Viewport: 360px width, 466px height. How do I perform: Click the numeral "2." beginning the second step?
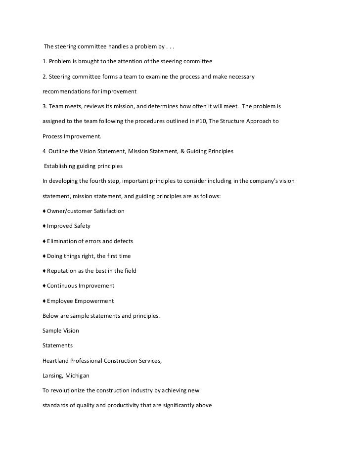coord(45,77)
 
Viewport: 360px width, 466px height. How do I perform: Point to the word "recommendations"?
coord(68,92)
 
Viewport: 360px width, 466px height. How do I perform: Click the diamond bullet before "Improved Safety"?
coord(45,226)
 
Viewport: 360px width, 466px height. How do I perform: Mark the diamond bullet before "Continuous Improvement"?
coord(45,286)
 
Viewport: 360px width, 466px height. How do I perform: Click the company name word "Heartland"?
coord(57,361)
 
